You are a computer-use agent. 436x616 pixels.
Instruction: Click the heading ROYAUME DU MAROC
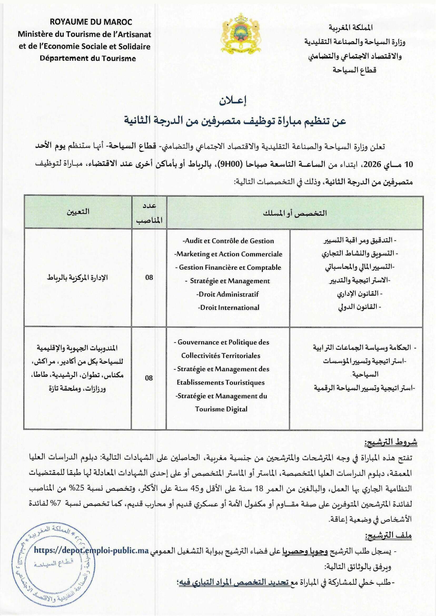point(91,22)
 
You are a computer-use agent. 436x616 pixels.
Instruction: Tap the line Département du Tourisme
point(88,58)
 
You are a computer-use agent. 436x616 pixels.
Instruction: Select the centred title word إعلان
point(233,102)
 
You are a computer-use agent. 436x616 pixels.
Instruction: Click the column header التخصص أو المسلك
point(295,213)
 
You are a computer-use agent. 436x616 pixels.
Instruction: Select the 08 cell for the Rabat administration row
point(149,277)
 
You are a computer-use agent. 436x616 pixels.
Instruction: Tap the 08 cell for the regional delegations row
point(149,378)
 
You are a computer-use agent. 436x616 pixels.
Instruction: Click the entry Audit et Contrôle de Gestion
point(228,241)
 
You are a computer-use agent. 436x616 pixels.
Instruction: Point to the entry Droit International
point(229,307)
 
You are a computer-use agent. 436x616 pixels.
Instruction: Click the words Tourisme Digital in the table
point(221,409)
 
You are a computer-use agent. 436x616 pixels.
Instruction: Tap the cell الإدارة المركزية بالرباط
point(78,277)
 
